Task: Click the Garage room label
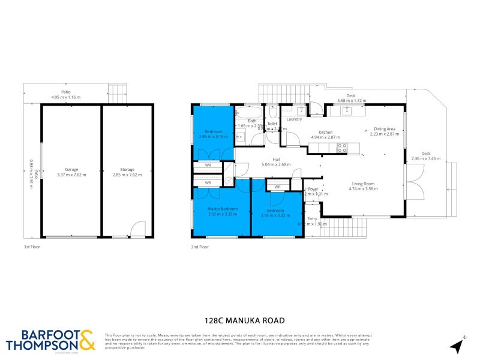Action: point(72,169)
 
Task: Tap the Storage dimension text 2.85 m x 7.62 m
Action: point(127,175)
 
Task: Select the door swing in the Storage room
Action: point(138,229)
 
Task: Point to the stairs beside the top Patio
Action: point(118,94)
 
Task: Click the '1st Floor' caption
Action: point(31,247)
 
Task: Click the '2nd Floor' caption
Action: point(200,247)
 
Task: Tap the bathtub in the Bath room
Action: point(247,112)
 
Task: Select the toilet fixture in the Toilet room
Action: point(272,113)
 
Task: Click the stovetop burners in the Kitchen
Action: point(343,147)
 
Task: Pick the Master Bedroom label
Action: point(223,209)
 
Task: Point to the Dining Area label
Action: point(385,128)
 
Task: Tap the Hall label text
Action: point(277,159)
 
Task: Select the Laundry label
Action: point(294,119)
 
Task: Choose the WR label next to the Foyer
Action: point(277,187)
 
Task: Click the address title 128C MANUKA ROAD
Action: point(240,320)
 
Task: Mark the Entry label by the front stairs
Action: point(312,219)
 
